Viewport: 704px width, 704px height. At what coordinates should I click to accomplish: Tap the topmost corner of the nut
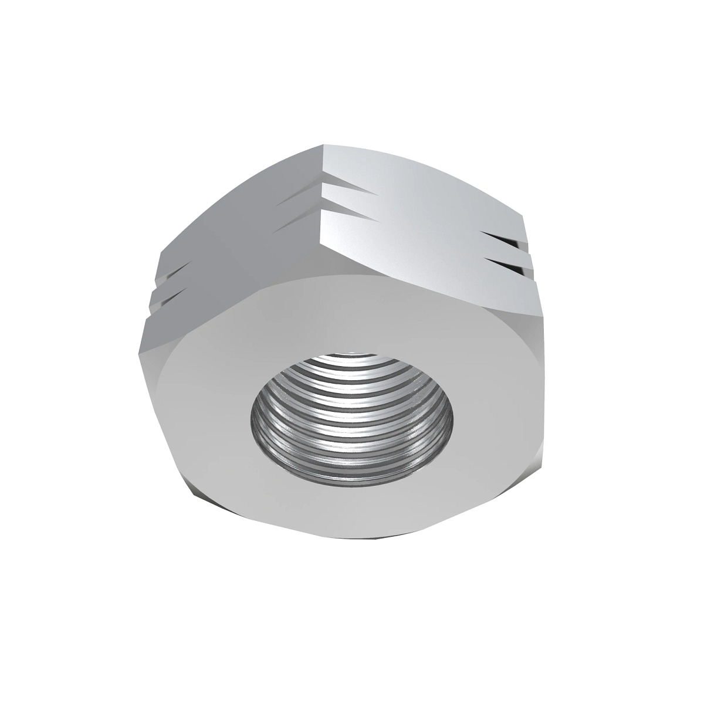click(x=323, y=144)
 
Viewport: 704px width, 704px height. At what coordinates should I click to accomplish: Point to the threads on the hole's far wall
click(x=352, y=375)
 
